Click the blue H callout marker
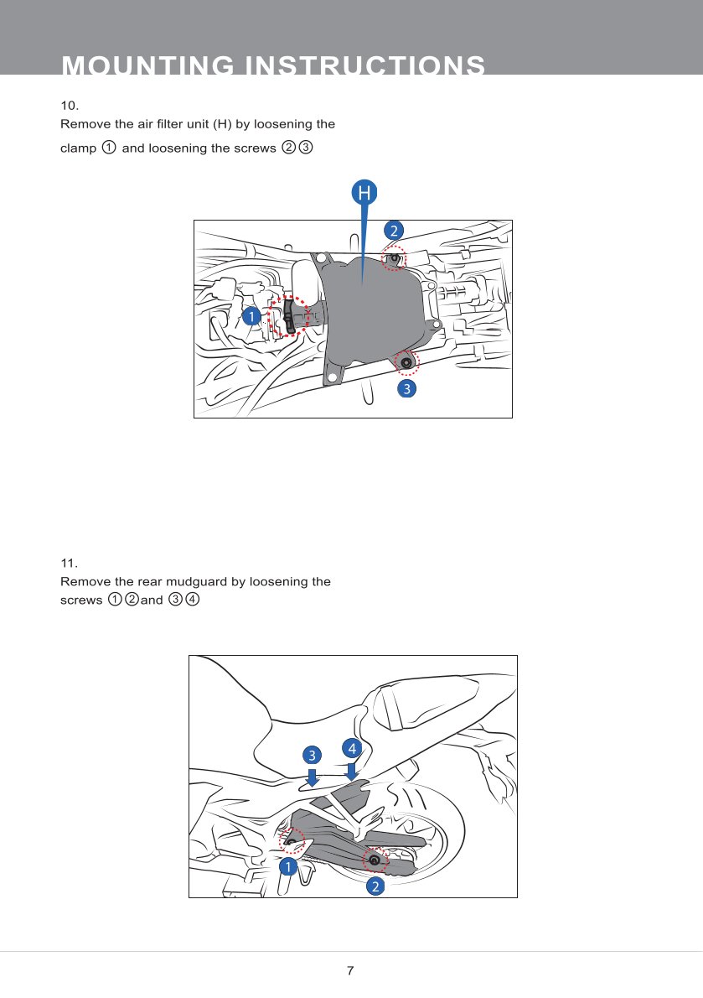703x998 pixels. (364, 193)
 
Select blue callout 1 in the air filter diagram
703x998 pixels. (250, 316)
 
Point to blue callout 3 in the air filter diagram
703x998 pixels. (406, 389)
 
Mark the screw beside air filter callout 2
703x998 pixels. (394, 258)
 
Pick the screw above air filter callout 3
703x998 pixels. (406, 362)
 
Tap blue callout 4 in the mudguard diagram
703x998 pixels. (352, 746)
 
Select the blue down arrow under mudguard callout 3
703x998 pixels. (312, 778)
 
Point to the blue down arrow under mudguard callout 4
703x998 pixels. (352, 770)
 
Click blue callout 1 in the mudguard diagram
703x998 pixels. (288, 866)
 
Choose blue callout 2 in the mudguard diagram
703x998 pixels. (375, 886)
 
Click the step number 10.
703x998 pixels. (70, 106)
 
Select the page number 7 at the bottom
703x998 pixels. (350, 971)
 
